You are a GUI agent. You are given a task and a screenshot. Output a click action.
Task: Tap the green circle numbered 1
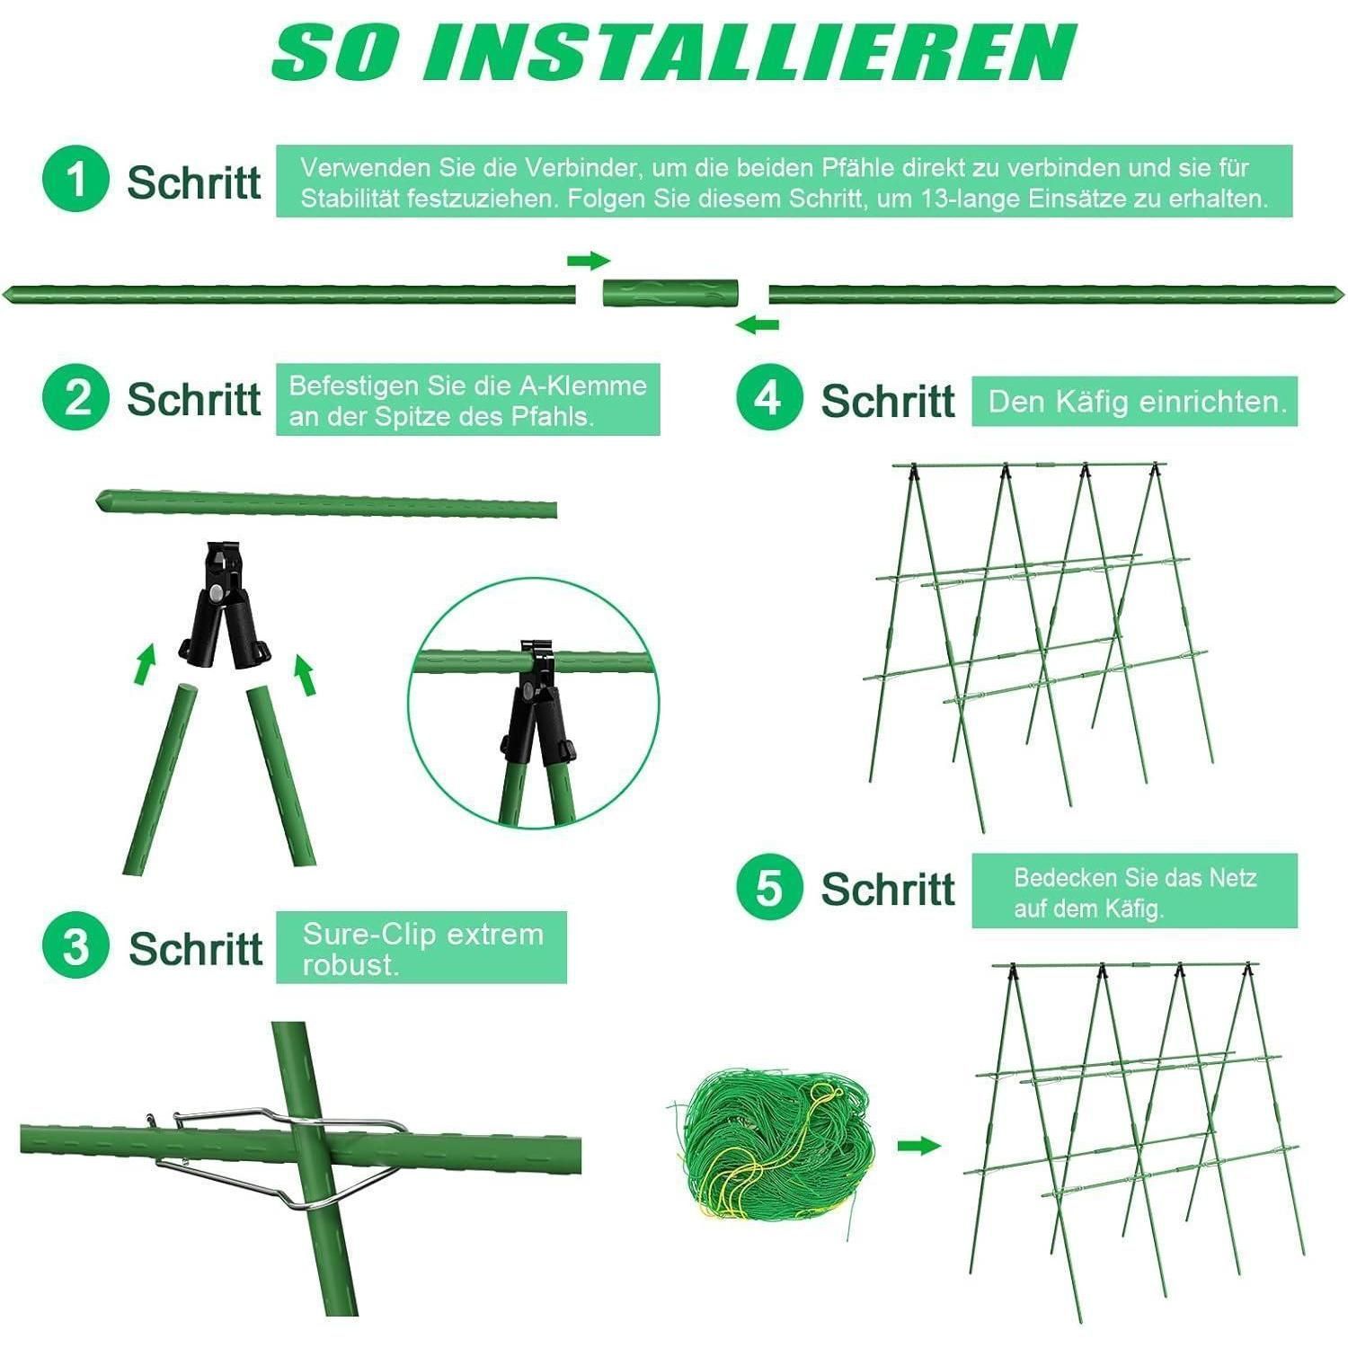tap(75, 179)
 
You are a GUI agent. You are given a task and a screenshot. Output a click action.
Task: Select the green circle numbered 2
tap(75, 397)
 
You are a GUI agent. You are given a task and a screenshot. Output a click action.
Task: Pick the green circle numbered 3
tap(75, 946)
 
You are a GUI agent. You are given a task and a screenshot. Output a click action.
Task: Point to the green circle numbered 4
tap(769, 397)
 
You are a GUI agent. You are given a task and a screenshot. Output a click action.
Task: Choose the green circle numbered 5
tap(769, 887)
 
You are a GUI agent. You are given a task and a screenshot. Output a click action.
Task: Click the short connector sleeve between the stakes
tap(670, 293)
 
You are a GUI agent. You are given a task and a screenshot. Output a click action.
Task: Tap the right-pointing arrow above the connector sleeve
tap(589, 262)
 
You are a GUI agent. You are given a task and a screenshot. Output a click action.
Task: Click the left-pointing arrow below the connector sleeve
tap(757, 324)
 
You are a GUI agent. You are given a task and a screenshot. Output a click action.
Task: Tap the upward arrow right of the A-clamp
tap(306, 676)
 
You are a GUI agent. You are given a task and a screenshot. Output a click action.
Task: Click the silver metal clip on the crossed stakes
tap(279, 1155)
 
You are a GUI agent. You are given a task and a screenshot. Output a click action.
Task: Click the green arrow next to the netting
tap(918, 1146)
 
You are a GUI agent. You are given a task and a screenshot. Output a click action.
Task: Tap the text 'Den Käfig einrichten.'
tap(1138, 402)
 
